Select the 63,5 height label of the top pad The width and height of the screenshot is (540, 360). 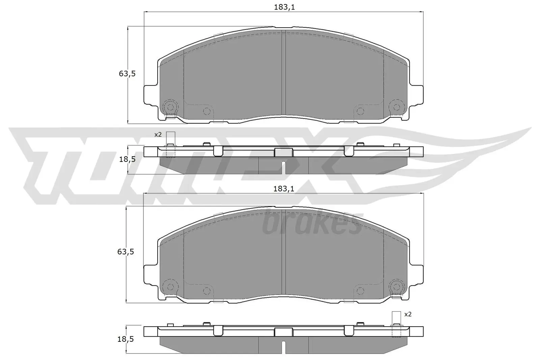click(127, 74)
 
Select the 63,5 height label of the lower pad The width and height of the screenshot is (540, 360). click(126, 252)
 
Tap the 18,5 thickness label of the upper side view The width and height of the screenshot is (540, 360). click(127, 159)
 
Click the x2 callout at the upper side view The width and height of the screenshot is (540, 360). click(158, 135)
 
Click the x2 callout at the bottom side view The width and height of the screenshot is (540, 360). click(408, 314)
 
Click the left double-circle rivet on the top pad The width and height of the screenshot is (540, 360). click(170, 107)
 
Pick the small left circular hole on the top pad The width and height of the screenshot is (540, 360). click(207, 111)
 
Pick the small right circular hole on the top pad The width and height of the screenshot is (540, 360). click(360, 111)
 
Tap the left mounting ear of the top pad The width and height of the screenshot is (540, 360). click(150, 94)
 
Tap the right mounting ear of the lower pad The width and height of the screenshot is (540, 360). click(416, 273)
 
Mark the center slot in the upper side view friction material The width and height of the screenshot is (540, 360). click(283, 167)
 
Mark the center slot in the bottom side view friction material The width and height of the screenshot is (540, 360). click(283, 347)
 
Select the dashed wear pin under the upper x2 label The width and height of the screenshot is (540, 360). click(170, 151)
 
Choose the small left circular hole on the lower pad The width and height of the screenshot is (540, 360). click(207, 290)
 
